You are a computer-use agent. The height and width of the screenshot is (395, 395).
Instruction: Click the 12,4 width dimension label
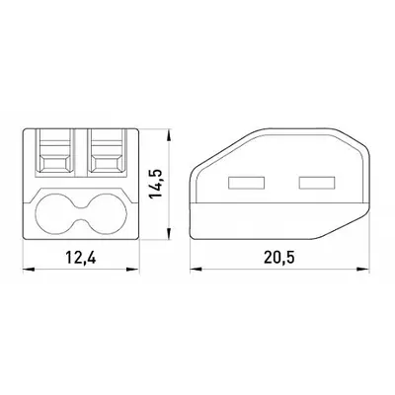[81, 258]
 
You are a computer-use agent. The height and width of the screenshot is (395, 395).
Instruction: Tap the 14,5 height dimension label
[156, 184]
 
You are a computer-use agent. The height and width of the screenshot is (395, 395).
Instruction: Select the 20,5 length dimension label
[279, 258]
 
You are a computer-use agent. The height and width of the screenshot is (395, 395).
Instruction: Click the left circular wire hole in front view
[54, 214]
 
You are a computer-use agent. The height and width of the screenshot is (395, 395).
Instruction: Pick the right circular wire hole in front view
[108, 214]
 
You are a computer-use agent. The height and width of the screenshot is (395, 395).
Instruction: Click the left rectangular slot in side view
[246, 183]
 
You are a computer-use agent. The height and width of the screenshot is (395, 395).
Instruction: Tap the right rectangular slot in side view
[317, 183]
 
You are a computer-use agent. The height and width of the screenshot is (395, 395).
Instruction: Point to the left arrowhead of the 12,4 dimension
[29, 270]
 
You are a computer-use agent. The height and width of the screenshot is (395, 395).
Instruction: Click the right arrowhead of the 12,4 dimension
[133, 270]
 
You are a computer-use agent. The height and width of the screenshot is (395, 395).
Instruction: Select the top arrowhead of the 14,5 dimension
[169, 135]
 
